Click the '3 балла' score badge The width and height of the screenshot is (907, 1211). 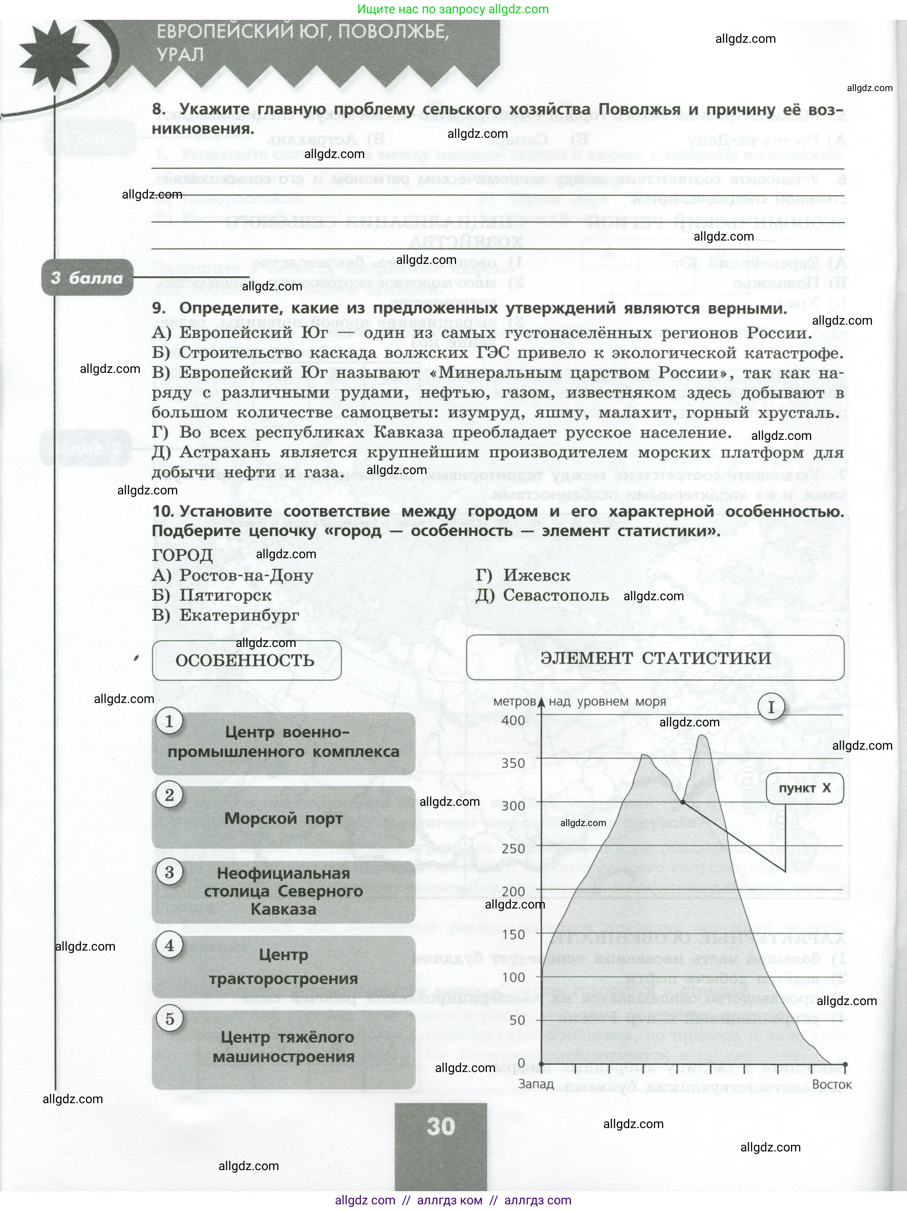coord(87,278)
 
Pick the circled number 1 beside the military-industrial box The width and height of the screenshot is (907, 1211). coord(169,722)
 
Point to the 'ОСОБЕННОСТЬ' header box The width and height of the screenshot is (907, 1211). coord(245,660)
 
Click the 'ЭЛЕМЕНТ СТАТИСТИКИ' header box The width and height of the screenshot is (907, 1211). coord(655,658)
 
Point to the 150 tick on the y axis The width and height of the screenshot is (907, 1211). coord(513,935)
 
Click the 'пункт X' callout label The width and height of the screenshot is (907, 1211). coord(805,788)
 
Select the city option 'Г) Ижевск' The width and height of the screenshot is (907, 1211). coord(523,575)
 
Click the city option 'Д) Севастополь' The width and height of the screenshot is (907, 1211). coord(542,595)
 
